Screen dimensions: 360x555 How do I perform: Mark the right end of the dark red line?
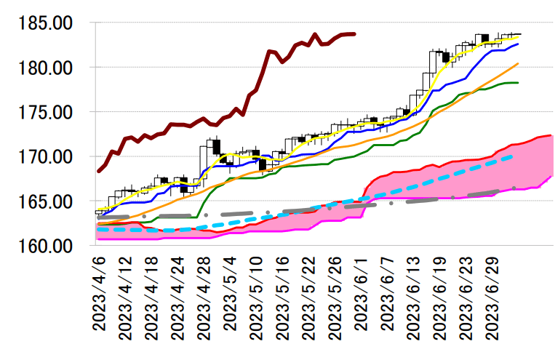pyautogui.click(x=354, y=33)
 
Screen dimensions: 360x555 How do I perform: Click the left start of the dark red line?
pyautogui.click(x=98, y=171)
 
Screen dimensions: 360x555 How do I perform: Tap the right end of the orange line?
pyautogui.click(x=518, y=63)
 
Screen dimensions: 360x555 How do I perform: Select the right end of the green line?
pyautogui.click(x=518, y=83)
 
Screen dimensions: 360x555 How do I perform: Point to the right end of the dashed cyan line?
pyautogui.click(x=514, y=156)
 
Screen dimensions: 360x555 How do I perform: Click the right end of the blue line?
pyautogui.click(x=518, y=44)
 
